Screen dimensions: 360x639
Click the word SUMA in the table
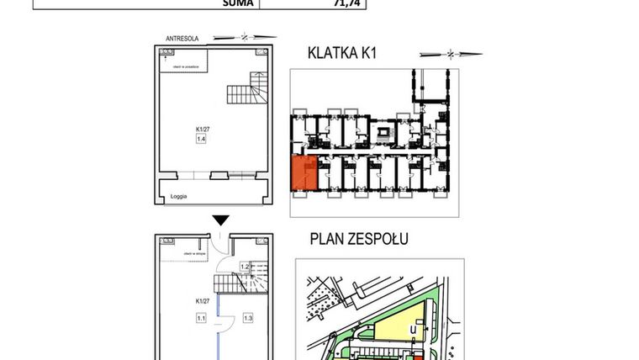point(235,3)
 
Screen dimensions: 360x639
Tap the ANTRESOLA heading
point(182,38)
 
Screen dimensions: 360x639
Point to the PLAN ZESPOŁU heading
point(359,239)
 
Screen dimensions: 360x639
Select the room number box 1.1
point(202,317)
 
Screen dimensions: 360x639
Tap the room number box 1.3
point(248,317)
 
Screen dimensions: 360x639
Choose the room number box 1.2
point(245,267)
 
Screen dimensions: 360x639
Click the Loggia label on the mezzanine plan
point(178,195)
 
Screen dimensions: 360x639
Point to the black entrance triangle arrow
point(220,220)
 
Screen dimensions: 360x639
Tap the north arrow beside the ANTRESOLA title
point(244,38)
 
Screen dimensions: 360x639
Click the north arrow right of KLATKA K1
point(452,54)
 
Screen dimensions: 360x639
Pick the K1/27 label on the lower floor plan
point(202,300)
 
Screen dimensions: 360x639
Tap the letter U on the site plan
point(413,330)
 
